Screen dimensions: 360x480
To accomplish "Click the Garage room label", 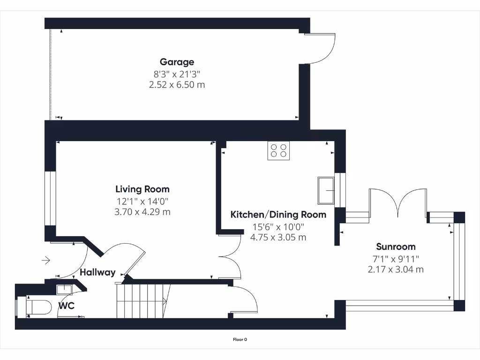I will coord(177,62).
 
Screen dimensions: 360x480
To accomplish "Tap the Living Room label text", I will coord(142,189).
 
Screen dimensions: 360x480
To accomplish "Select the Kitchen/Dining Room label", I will coord(278,215).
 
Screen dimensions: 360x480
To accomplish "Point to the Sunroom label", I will coord(396,247).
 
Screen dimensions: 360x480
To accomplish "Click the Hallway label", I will coord(97,272).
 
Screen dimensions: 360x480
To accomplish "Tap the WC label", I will coord(66,306).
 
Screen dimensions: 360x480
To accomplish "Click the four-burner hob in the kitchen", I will coord(278,150).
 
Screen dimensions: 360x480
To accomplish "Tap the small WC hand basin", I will coord(64,289).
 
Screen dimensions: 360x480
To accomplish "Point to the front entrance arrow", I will coord(45,260).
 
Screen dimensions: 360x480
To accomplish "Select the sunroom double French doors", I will coord(398,202).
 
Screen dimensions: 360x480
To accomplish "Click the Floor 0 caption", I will coord(240,340).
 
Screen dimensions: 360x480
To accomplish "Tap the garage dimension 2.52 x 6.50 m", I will coord(177,85).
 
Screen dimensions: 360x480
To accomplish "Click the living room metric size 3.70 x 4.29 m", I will coord(142,212).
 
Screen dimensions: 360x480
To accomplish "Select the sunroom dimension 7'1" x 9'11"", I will coord(396,258).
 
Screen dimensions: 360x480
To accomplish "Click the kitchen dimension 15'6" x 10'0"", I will coord(278,226).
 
